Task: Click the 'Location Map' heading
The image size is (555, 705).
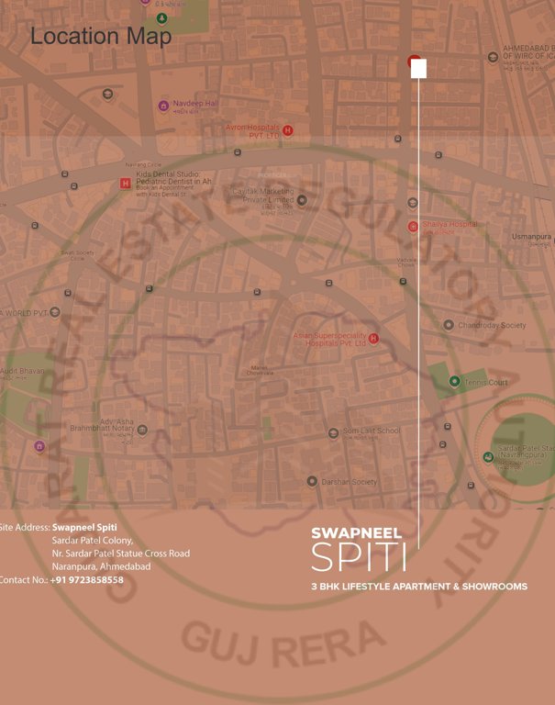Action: (x=101, y=37)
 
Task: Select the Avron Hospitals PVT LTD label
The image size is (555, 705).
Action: (x=253, y=130)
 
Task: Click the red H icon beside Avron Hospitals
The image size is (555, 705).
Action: (x=288, y=130)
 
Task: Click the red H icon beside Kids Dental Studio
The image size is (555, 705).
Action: (x=126, y=183)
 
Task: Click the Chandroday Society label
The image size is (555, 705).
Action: (x=492, y=325)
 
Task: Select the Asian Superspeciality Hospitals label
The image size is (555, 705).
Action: (x=329, y=339)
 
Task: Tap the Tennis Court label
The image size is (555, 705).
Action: (x=485, y=382)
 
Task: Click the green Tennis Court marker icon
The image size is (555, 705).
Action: (x=454, y=381)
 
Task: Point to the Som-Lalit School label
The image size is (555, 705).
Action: (x=372, y=431)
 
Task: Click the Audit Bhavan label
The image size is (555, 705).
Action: (x=22, y=371)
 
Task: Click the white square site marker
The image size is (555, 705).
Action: (x=418, y=69)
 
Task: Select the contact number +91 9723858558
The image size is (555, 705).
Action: (x=87, y=580)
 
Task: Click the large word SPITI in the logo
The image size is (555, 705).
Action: (x=359, y=556)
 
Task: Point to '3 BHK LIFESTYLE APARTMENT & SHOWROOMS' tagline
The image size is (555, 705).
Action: (x=419, y=586)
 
